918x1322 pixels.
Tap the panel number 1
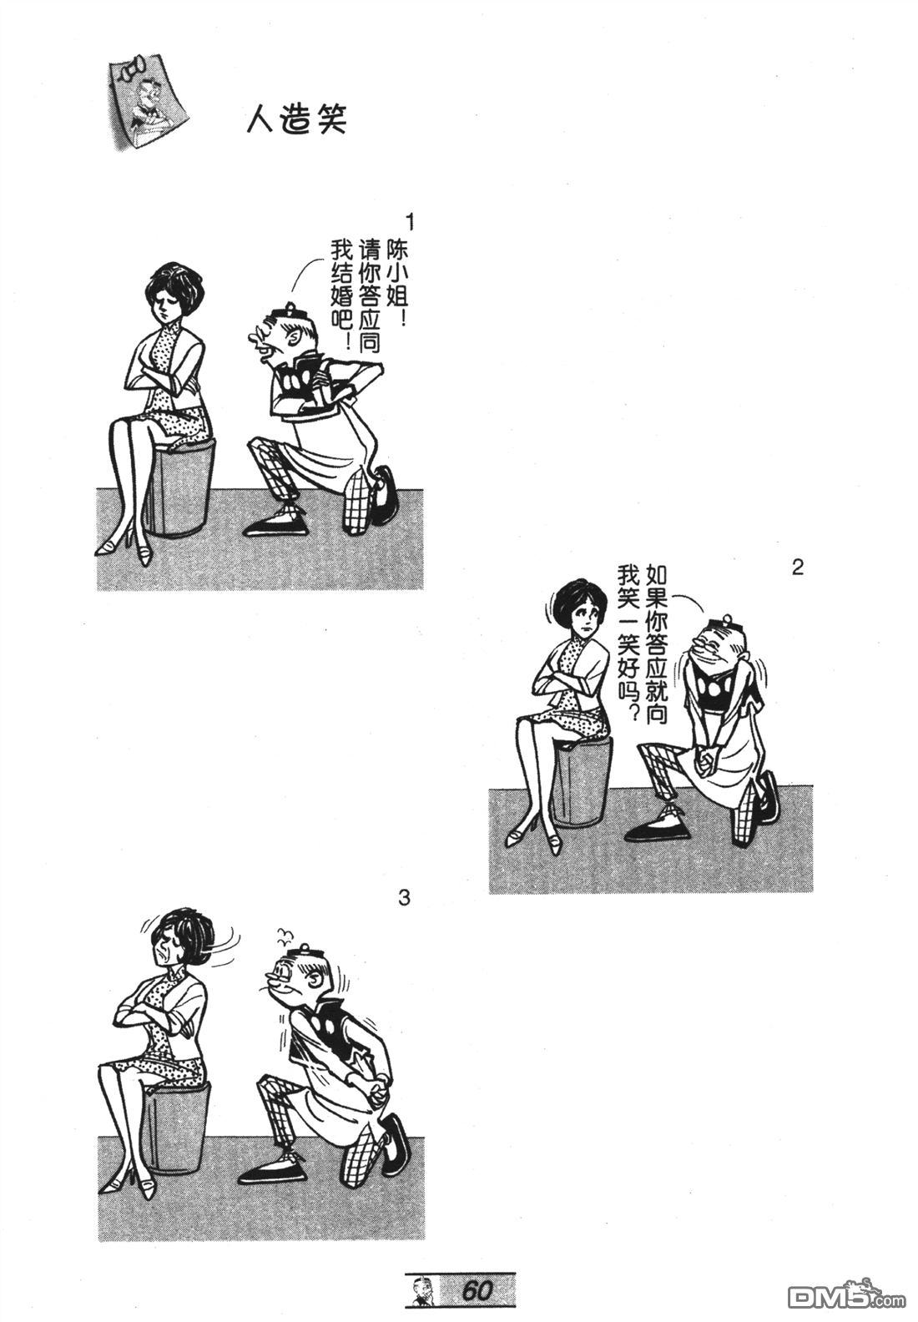click(410, 223)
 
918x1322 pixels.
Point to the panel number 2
click(797, 568)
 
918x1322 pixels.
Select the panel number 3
click(404, 898)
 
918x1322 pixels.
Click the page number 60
click(477, 1291)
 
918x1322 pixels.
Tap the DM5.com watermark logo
click(850, 1296)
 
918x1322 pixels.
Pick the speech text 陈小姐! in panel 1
click(396, 276)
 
